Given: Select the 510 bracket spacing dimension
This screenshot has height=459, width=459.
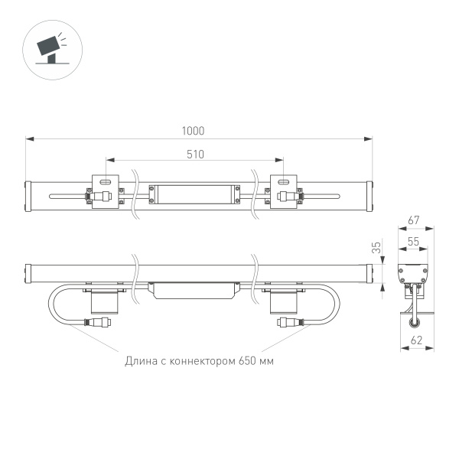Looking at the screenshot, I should point(195,154).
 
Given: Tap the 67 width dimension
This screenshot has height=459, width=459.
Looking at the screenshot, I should point(414,220).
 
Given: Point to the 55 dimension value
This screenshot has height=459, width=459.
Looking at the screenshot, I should point(413,241).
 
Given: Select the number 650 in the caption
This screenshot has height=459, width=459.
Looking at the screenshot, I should point(247,360).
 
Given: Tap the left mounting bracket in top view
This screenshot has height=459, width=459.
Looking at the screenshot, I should point(106,192).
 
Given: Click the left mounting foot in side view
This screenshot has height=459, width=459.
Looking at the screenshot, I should point(106,299).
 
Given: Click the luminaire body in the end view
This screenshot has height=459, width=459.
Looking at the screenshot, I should point(414,274).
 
